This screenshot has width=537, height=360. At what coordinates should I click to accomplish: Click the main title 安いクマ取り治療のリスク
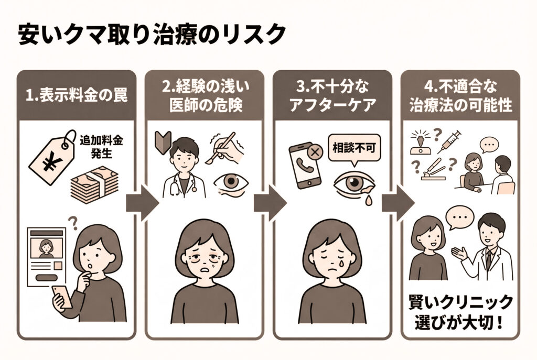[x=152, y=36]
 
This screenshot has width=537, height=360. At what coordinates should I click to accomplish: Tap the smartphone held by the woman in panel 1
[x=62, y=297]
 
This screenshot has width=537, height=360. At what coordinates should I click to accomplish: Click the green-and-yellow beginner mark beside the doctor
[x=163, y=142]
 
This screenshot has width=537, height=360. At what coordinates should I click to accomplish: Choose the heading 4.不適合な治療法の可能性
[x=460, y=97]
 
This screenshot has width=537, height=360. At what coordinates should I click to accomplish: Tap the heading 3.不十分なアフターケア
[x=332, y=97]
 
